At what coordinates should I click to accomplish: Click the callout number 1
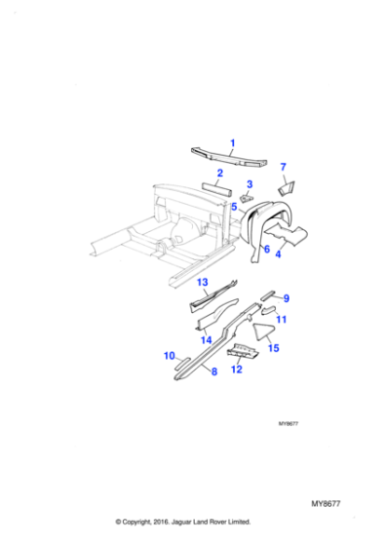point(232,144)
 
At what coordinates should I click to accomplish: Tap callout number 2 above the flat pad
point(220,173)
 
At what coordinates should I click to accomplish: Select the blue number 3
point(250,184)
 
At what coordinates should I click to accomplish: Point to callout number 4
point(278,254)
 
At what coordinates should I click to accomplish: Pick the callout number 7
point(285,167)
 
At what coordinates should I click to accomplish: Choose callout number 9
point(287,298)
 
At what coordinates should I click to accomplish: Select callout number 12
point(236,370)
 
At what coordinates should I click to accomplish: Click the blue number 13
point(204,283)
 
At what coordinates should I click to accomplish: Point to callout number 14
point(206,339)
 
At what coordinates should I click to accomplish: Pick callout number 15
point(274,348)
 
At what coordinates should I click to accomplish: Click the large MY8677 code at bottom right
point(326,502)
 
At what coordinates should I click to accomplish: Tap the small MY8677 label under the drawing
point(288,424)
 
